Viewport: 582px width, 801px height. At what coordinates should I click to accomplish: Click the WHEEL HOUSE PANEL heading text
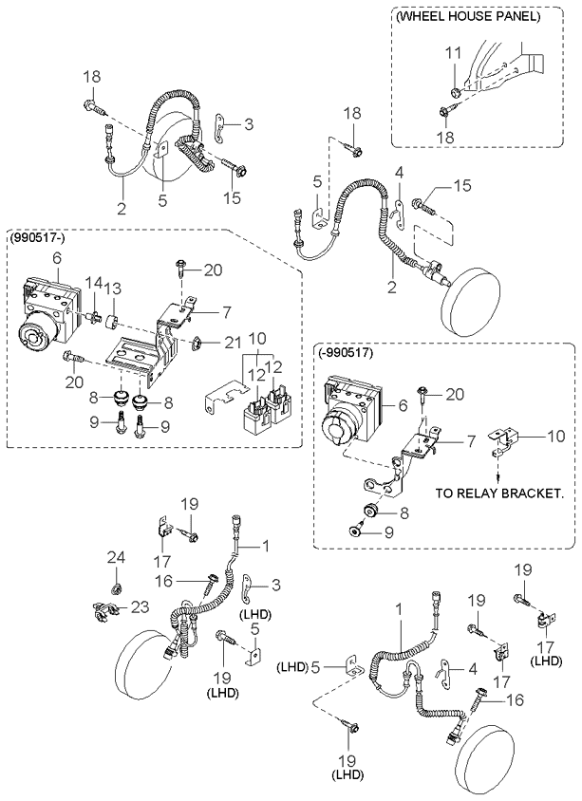(x=468, y=16)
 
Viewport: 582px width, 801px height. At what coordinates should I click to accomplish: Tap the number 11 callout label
(x=453, y=52)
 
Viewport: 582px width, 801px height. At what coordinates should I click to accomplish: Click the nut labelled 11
(x=456, y=92)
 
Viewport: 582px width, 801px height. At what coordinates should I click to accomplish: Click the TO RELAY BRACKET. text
(x=498, y=494)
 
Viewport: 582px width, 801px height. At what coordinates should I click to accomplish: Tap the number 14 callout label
(x=93, y=282)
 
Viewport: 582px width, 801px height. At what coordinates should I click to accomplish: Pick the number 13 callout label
(x=113, y=289)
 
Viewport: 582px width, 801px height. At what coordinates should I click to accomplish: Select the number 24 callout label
(x=116, y=557)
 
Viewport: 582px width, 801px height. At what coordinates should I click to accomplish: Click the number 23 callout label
(x=140, y=606)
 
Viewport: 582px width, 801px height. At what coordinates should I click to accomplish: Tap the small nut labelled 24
(x=117, y=587)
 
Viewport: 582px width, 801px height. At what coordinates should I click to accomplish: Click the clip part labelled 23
(x=104, y=609)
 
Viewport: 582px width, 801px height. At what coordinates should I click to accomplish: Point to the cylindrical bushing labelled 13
(x=112, y=323)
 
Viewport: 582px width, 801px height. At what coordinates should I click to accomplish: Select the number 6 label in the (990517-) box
(x=57, y=258)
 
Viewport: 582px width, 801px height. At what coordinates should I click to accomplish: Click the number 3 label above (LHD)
(x=276, y=584)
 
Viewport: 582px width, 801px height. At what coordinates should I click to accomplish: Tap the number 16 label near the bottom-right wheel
(x=515, y=699)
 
